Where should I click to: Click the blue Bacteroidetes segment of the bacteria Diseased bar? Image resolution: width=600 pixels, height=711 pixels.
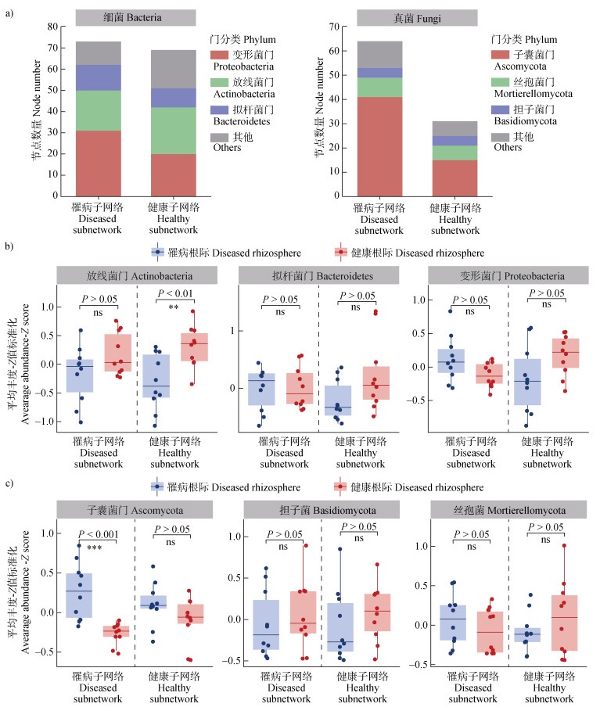click(x=99, y=77)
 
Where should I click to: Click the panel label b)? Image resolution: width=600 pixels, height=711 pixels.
click(x=9, y=247)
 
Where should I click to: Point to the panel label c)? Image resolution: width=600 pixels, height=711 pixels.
click(x=9, y=483)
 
